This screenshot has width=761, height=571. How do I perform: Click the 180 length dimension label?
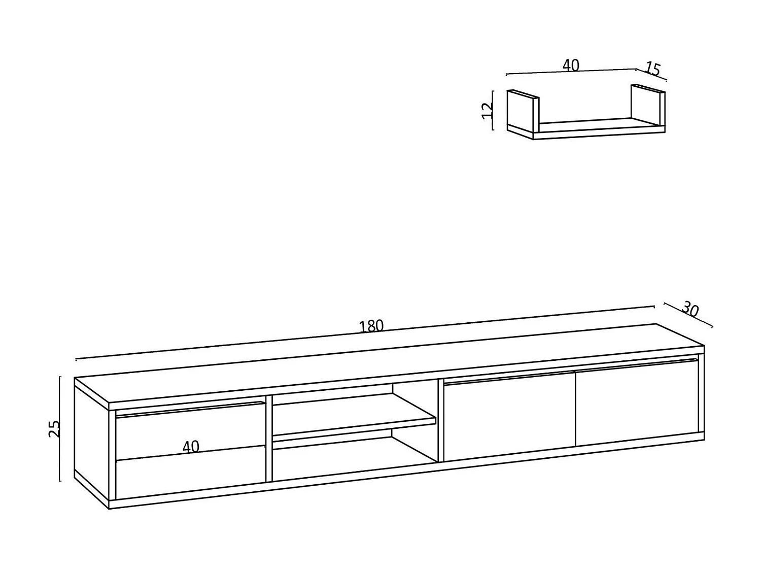click(x=371, y=326)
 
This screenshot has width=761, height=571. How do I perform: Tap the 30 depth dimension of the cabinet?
click(x=690, y=309)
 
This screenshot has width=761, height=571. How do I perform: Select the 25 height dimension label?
click(x=54, y=428)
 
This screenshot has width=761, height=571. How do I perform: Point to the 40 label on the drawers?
click(x=191, y=447)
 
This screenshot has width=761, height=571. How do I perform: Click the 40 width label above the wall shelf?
click(x=571, y=65)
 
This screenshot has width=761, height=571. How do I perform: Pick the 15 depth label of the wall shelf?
click(x=652, y=69)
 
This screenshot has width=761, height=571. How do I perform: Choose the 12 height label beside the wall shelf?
click(x=488, y=111)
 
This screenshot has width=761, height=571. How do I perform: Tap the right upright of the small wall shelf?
click(x=648, y=106)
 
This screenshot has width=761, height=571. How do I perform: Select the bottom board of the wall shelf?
click(x=586, y=129)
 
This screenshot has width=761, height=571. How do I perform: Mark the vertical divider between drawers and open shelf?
click(x=269, y=438)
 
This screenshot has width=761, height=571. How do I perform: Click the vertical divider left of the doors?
click(x=441, y=420)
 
